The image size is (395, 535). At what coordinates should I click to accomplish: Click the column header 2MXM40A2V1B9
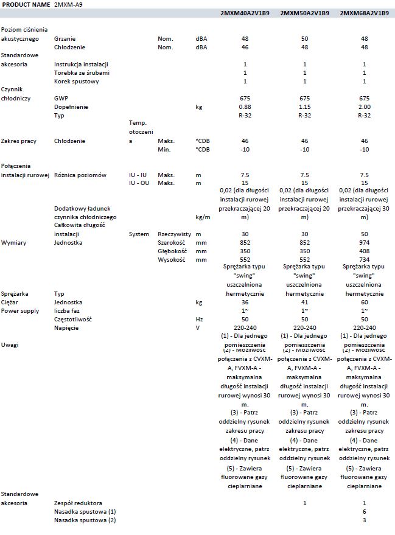[x=245, y=13]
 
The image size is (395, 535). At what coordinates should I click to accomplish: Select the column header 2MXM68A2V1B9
[x=364, y=13]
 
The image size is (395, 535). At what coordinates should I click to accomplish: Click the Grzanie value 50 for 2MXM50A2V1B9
[x=304, y=38]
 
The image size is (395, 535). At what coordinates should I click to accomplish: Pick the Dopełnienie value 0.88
[x=245, y=107]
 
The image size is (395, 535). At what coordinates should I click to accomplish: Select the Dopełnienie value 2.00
[x=364, y=107]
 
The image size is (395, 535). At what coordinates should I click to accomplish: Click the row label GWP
[x=60, y=98]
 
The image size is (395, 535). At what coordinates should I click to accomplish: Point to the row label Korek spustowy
[x=76, y=81]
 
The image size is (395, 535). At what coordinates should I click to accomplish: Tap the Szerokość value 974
[x=364, y=243]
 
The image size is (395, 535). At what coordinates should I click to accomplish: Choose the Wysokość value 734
[x=364, y=260]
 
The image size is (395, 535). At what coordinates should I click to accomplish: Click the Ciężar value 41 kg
[x=304, y=302]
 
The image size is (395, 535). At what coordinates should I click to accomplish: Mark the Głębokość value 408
[x=364, y=251]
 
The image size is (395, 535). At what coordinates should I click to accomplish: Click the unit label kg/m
[x=203, y=217]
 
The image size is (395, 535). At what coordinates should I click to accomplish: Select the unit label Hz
[x=199, y=319]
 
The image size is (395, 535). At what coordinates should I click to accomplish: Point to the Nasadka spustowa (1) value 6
[x=364, y=511]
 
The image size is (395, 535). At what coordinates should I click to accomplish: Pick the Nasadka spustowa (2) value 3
[x=364, y=520]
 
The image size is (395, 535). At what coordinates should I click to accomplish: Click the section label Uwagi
[x=10, y=344]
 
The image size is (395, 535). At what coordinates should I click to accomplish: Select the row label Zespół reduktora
[x=78, y=503]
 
